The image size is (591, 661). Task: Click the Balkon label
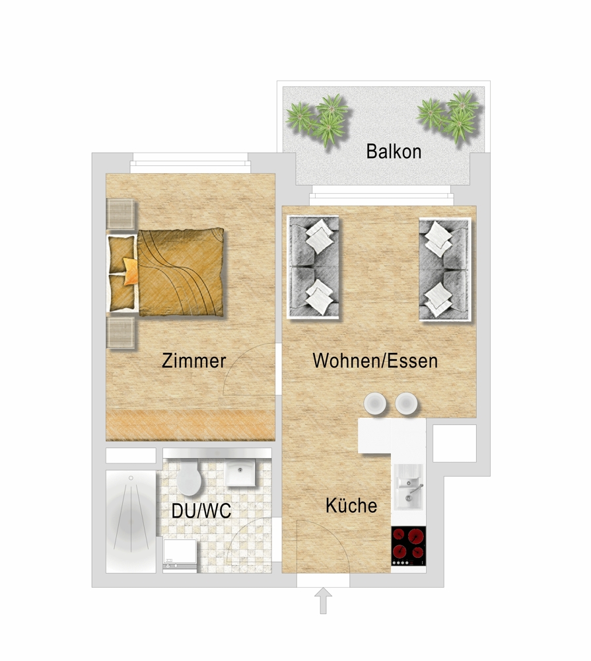coord(394,151)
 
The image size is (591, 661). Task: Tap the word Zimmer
coord(193,361)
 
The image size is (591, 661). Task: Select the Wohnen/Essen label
coord(375,361)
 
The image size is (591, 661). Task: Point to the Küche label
coord(351,505)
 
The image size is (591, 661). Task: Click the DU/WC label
coord(201,511)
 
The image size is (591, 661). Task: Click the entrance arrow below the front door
coord(323,601)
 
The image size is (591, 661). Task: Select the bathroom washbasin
coord(240,473)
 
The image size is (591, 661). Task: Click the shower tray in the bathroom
coord(131,522)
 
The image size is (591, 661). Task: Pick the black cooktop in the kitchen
coord(408,546)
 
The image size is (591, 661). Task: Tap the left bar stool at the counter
coord(375,403)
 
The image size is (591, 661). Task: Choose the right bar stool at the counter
coord(407,403)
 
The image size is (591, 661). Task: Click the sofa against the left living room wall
coord(313,267)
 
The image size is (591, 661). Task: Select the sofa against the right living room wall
coord(445,270)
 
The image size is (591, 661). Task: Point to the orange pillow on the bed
coord(131,272)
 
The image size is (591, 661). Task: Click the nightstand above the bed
coord(121,214)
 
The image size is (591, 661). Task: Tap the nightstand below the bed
coord(121,332)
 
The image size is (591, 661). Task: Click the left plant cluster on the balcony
coord(318,119)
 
